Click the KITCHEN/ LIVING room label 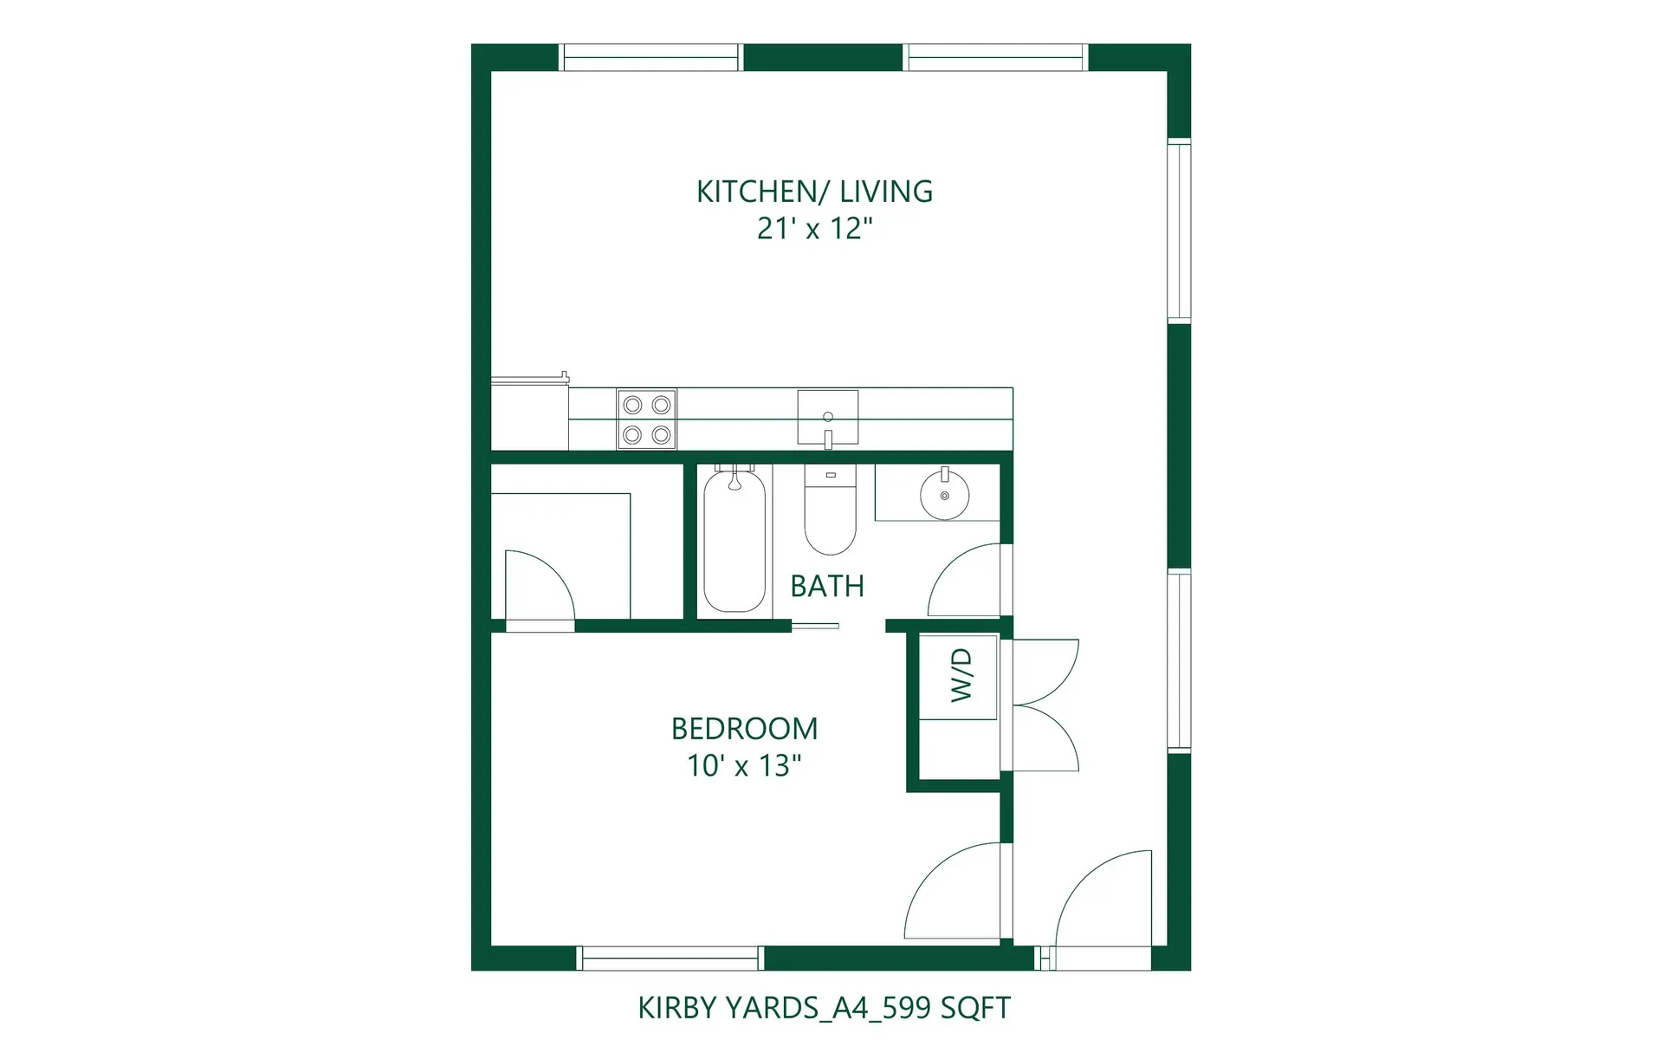coord(814,192)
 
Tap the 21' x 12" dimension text coord(814,229)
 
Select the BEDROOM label coord(744,729)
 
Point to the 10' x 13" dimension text coord(744,766)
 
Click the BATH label coord(827,587)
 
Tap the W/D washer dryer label coord(961,675)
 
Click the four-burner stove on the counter coord(646,419)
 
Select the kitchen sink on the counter coord(827,418)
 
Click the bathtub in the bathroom coord(734,542)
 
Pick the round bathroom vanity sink coord(944,495)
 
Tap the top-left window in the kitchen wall coord(650,57)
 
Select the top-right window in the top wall coord(995,57)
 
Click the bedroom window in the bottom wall coord(670,958)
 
